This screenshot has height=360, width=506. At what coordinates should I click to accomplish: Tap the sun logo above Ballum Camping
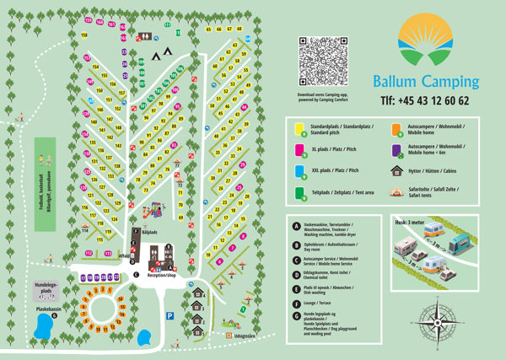(425, 46)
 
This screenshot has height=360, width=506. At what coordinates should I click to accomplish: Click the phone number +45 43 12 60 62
(425, 100)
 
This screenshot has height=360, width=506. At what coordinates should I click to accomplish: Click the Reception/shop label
(161, 275)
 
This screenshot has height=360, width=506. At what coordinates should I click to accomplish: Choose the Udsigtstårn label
(244, 335)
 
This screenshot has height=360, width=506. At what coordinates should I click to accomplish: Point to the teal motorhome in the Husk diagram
(458, 245)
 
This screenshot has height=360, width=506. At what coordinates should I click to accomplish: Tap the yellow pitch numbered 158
(84, 35)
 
